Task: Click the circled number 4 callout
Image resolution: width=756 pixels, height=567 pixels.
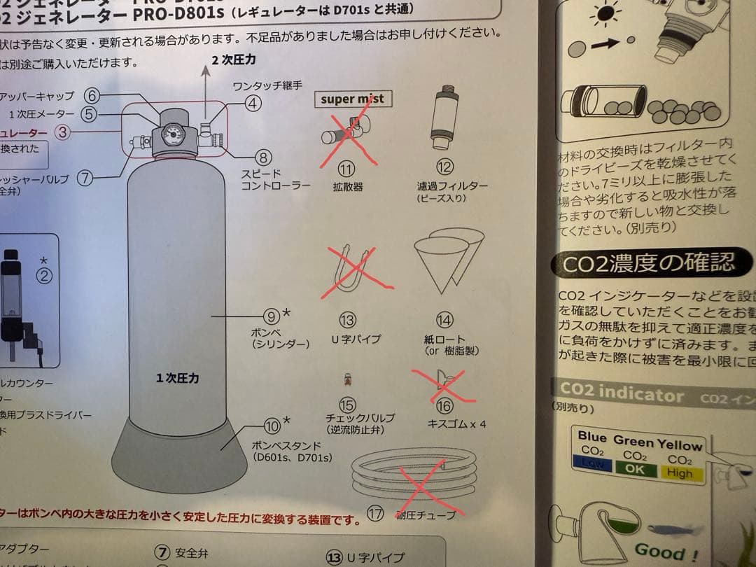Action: pyautogui.click(x=253, y=104)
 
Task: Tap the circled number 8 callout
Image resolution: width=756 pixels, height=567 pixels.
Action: pyautogui.click(x=262, y=158)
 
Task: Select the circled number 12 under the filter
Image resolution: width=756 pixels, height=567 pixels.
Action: pyautogui.click(x=445, y=167)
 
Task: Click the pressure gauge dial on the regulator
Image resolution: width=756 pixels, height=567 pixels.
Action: pyautogui.click(x=171, y=134)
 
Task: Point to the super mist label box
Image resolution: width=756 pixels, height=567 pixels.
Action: pyautogui.click(x=353, y=99)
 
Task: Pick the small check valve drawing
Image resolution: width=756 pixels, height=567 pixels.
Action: pyautogui.click(x=347, y=381)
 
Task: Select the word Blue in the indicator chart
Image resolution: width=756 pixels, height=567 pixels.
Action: pyautogui.click(x=592, y=436)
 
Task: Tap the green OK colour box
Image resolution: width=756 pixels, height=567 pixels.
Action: pyautogui.click(x=635, y=470)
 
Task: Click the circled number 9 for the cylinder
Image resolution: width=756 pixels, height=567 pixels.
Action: pyautogui.click(x=270, y=316)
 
